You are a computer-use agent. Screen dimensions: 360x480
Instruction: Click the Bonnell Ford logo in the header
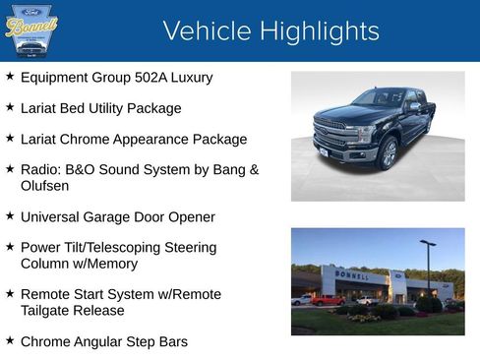pyautogui.click(x=31, y=30)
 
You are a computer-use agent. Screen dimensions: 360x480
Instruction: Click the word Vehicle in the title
pyautogui.click(x=203, y=30)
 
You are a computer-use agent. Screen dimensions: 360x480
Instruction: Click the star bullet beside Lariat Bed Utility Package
pyautogui.click(x=10, y=107)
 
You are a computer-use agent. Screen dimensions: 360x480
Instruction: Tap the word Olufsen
pyautogui.click(x=45, y=185)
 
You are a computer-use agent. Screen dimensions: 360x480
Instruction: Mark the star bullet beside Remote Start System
pyautogui.click(x=10, y=293)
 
